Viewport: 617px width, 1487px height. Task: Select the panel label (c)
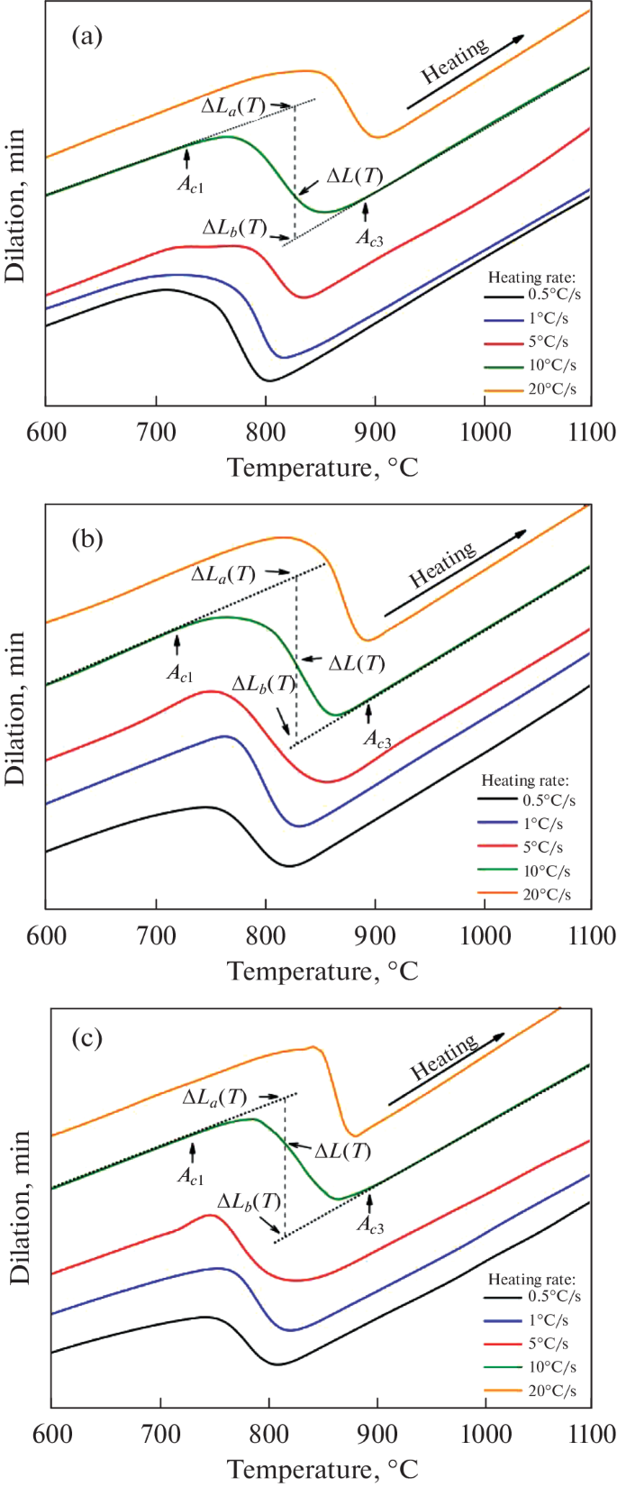pyautogui.click(x=87, y=1037)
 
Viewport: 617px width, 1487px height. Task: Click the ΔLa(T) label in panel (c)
pyautogui.click(x=214, y=1098)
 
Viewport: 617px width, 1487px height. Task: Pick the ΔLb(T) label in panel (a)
pyautogui.click(x=235, y=227)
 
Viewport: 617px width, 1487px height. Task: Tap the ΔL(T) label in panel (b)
pyautogui.click(x=357, y=664)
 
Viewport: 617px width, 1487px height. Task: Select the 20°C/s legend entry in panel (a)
pyautogui.click(x=552, y=388)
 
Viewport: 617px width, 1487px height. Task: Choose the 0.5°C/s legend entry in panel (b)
pyautogui.click(x=549, y=799)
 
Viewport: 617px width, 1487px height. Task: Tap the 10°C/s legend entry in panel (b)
pyautogui.click(x=547, y=871)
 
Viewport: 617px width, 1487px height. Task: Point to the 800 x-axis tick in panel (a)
pyautogui.click(x=266, y=432)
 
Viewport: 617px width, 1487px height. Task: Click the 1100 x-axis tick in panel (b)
pyautogui.click(x=589, y=935)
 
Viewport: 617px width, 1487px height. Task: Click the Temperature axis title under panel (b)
pyautogui.click(x=322, y=972)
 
